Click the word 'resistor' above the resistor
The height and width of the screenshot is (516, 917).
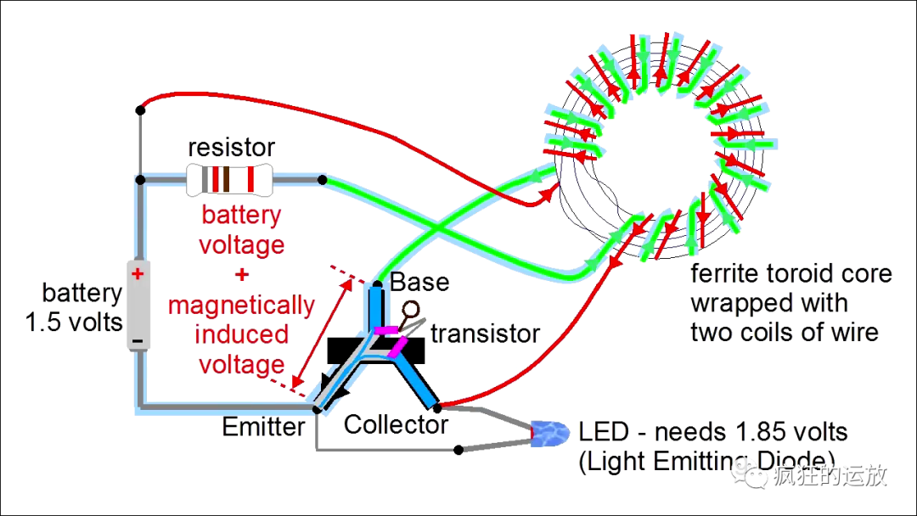click(231, 148)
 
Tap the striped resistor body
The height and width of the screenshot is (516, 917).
click(229, 179)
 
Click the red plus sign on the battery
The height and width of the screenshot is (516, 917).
click(138, 273)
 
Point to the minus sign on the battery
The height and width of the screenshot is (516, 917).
click(138, 340)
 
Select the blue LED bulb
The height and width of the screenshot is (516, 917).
click(550, 434)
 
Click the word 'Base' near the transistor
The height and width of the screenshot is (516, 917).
click(419, 283)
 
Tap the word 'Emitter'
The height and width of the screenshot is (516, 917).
click(264, 427)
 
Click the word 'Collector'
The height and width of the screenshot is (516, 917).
click(396, 425)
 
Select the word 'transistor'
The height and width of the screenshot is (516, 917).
click(485, 334)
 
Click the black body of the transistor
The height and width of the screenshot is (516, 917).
click(375, 351)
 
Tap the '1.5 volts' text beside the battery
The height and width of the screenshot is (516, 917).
click(74, 322)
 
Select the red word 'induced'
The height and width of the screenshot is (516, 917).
click(241, 335)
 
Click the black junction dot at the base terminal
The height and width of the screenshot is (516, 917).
click(378, 284)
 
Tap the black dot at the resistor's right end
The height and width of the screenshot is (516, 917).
click(323, 180)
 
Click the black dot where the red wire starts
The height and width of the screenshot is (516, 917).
click(140, 109)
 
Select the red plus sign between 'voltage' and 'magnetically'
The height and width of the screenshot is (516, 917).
click(241, 274)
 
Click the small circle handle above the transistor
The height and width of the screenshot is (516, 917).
click(411, 309)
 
